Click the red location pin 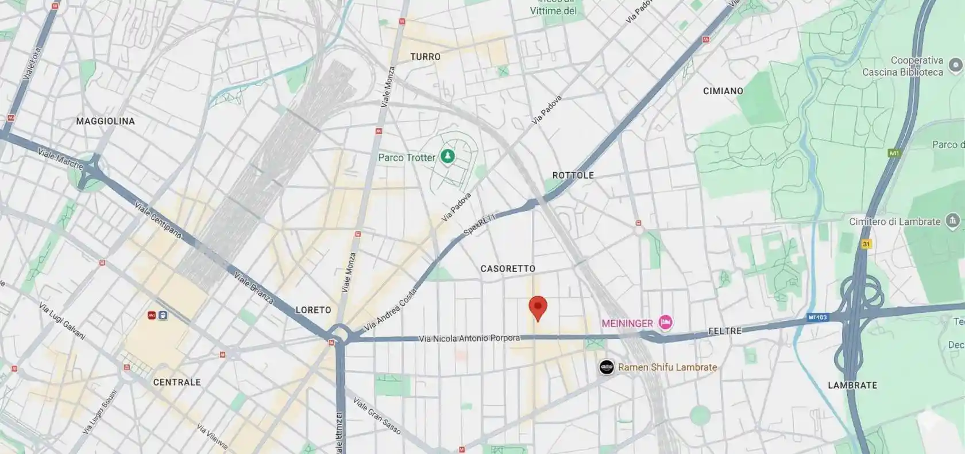pos(538,308)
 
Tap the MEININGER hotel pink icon pos(666,323)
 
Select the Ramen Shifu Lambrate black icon pos(606,367)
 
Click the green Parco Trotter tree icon pos(447,156)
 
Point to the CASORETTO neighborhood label pos(508,269)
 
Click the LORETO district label pos(313,310)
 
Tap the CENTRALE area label pos(177,382)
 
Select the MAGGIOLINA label pos(106,121)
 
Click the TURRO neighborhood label pos(426,57)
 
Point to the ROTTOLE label pos(573,175)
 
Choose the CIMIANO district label pos(723,91)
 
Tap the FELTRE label pos(725,331)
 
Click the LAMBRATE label pos(852,385)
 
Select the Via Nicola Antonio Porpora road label pos(469,339)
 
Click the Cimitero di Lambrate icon pos(953,220)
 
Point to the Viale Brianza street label pos(253,288)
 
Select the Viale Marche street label pos(60,159)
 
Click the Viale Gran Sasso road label pos(377,416)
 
